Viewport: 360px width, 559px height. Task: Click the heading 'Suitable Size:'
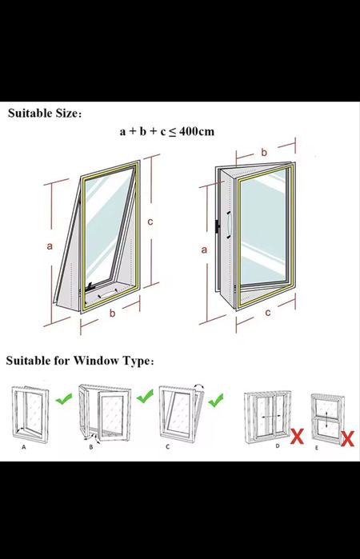45,114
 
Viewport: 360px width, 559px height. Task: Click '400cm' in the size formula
197,131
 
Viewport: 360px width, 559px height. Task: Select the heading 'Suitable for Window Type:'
80,361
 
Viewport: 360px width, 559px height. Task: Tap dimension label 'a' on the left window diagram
50,246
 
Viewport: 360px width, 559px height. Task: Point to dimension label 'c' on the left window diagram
150,222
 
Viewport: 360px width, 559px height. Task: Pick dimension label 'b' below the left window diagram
112,313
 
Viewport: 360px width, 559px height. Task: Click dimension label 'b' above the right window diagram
264,152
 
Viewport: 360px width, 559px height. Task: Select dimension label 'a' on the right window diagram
204,250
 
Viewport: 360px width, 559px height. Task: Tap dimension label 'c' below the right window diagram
267,313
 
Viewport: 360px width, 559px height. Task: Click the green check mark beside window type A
63,399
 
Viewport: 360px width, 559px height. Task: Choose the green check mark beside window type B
145,396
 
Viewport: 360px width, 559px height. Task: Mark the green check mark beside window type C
216,400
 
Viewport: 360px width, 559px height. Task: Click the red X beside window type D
297,437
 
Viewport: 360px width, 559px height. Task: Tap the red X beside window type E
347,439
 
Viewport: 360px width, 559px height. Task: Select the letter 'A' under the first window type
24,447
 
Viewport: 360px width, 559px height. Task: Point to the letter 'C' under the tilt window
168,447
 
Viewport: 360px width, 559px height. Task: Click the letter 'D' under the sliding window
278,445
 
